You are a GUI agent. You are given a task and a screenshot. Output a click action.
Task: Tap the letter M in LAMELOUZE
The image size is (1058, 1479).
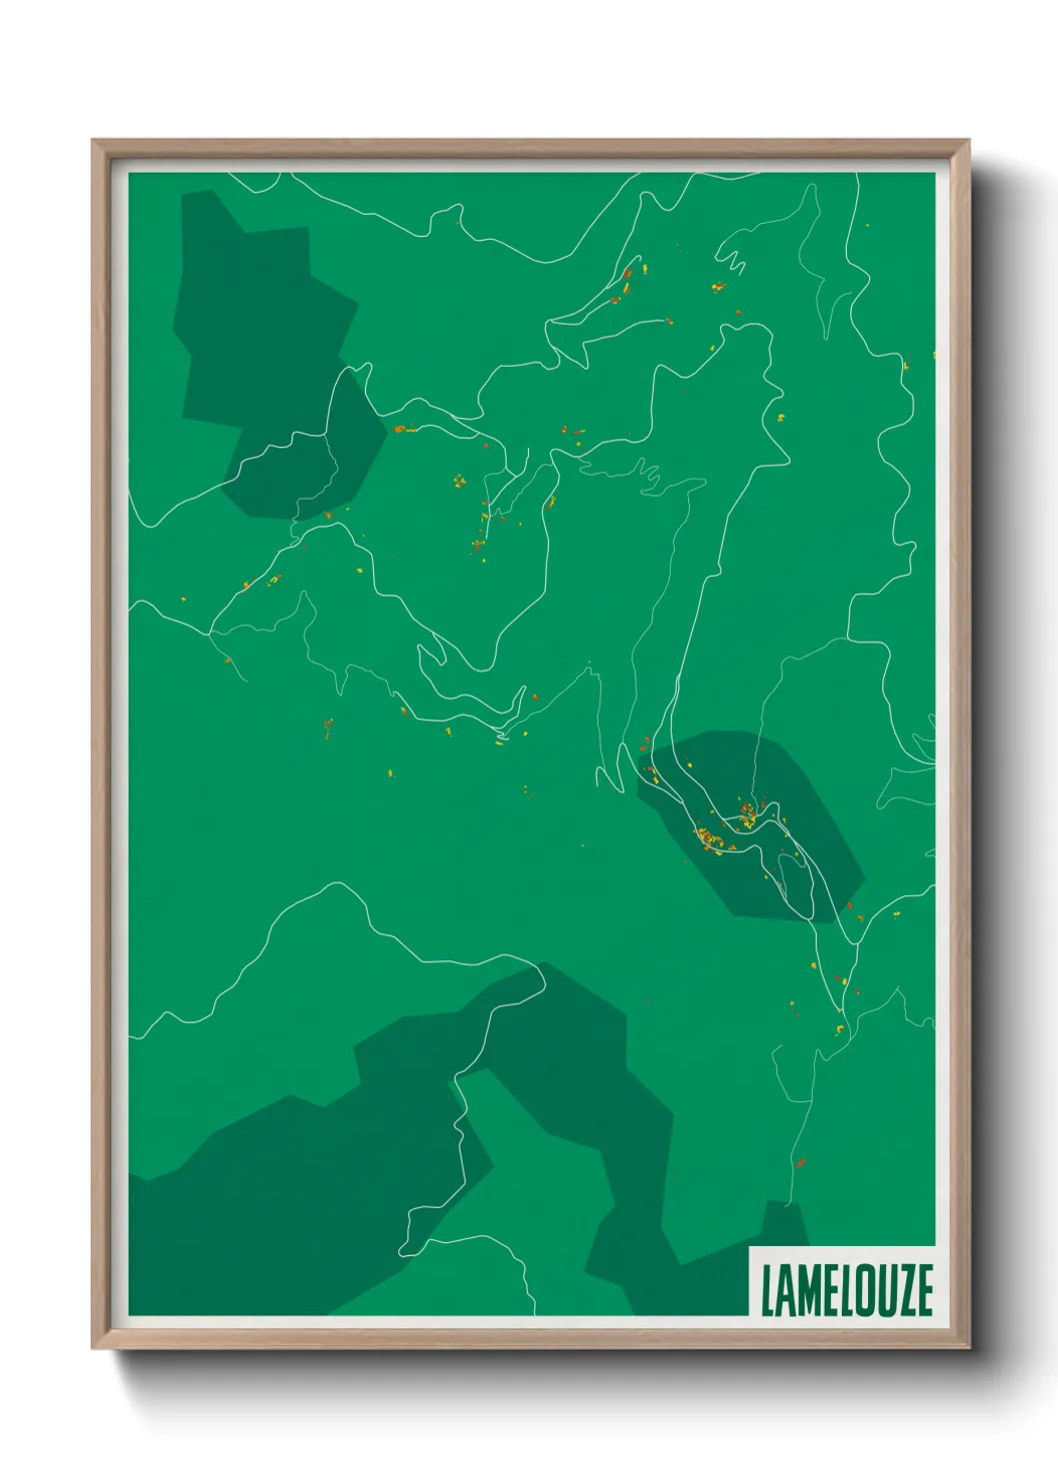[x=806, y=1290]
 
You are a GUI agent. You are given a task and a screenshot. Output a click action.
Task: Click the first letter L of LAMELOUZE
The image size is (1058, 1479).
[x=768, y=1290]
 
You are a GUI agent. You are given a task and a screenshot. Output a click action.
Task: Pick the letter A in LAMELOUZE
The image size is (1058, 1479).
[x=785, y=1290]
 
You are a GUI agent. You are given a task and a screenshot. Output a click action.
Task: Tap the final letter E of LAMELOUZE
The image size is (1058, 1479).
[x=923, y=1290]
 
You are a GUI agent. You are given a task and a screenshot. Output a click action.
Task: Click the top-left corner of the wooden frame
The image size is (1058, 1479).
[x=94, y=142]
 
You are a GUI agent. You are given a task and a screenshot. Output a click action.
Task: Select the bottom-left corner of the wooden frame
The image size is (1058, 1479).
[x=94, y=1346]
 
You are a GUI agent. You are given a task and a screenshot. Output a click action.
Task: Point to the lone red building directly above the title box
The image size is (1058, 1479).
[x=800, y=1162]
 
